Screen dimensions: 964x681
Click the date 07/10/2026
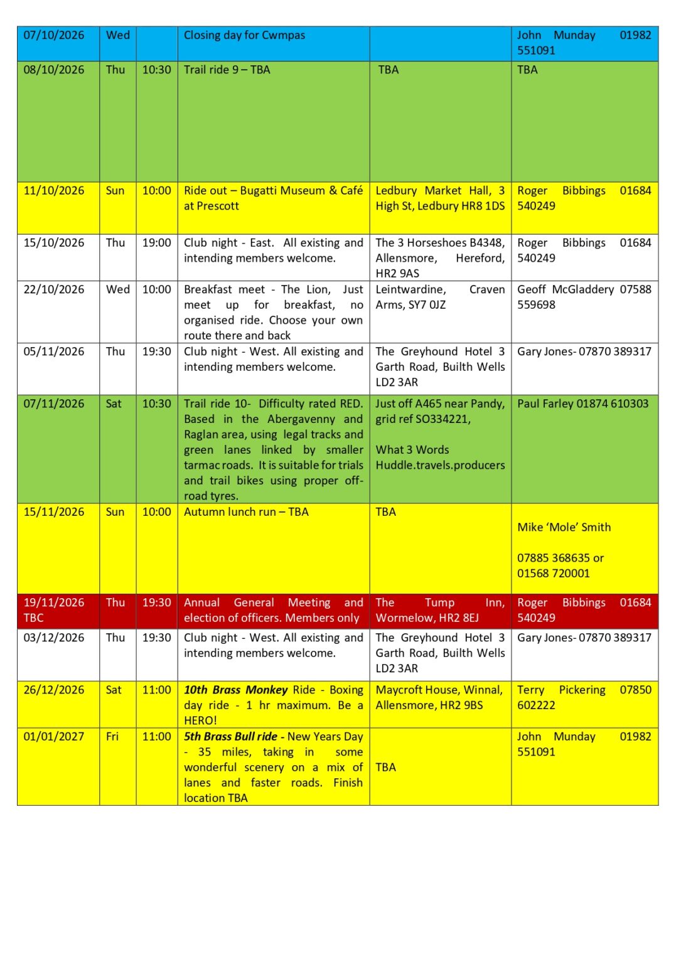point(53,35)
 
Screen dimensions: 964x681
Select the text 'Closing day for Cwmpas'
point(244,35)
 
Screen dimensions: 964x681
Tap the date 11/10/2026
point(53,191)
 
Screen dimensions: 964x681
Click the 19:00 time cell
point(156,243)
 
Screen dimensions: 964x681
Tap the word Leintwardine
point(410,289)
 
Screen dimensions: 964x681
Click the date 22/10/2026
point(53,289)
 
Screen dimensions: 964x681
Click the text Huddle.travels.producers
point(440,465)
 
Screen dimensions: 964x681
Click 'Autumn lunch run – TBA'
point(246,512)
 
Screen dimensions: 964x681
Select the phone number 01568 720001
point(553,573)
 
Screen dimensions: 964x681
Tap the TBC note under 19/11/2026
point(33,618)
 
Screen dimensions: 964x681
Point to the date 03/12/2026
point(53,638)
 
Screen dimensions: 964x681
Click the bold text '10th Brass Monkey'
point(235,690)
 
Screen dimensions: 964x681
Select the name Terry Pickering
point(561,690)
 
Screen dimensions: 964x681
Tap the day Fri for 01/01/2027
point(112,737)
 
